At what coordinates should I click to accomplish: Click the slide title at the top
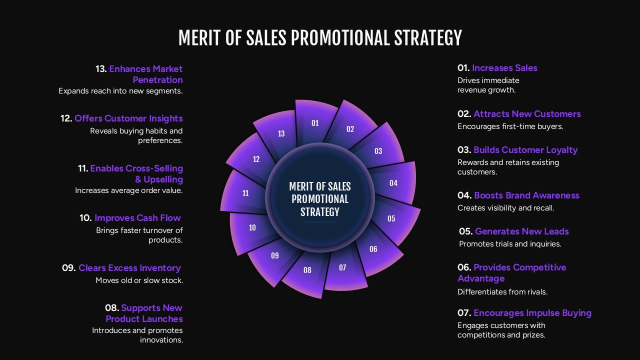(x=320, y=38)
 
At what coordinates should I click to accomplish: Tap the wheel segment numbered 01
(x=315, y=123)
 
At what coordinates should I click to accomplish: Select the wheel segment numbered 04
(x=393, y=183)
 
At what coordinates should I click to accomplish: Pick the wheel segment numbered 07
(x=342, y=268)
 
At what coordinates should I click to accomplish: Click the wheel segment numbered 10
(x=252, y=228)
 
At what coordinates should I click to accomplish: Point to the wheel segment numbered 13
(x=281, y=133)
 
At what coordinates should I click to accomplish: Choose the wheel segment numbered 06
(x=373, y=249)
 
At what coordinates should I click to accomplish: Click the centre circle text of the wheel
(x=320, y=199)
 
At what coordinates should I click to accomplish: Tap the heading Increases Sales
(x=504, y=68)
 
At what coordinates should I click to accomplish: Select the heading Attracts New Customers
(x=527, y=114)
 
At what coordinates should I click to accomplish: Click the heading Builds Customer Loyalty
(x=525, y=150)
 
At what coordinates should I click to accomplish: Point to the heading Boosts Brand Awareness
(x=526, y=195)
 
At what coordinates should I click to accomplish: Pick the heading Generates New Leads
(x=521, y=231)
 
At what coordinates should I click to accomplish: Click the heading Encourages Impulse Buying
(x=532, y=313)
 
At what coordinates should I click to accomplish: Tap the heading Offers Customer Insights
(x=128, y=118)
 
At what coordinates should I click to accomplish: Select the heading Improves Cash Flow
(x=137, y=218)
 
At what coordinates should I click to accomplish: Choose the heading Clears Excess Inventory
(x=129, y=268)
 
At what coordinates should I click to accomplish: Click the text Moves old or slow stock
(x=139, y=280)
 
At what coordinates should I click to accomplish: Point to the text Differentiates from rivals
(x=502, y=292)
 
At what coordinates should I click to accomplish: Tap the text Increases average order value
(x=129, y=190)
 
